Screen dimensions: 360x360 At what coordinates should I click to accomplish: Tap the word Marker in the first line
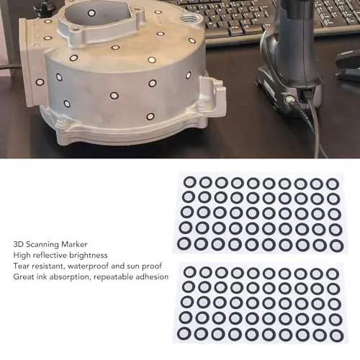point(74,244)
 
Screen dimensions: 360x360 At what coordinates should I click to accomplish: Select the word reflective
point(50,255)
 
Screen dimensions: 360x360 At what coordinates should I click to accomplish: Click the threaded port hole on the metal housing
point(188,19)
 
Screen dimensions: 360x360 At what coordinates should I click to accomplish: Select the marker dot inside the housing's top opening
point(91,13)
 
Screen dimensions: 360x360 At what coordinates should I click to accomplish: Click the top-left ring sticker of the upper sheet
point(190,182)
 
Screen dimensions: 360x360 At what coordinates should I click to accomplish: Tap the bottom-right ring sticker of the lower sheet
point(337,336)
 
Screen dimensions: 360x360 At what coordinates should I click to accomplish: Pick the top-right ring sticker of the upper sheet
point(333,184)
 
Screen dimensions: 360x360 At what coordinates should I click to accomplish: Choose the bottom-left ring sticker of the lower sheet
point(184,333)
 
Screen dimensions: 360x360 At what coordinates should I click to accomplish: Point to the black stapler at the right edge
point(348,65)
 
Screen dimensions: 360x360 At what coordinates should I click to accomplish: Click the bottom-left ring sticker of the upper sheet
point(184,243)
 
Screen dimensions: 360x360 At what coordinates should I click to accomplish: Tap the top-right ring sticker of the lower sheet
point(333,274)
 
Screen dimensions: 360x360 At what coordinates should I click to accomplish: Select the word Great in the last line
point(22,276)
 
